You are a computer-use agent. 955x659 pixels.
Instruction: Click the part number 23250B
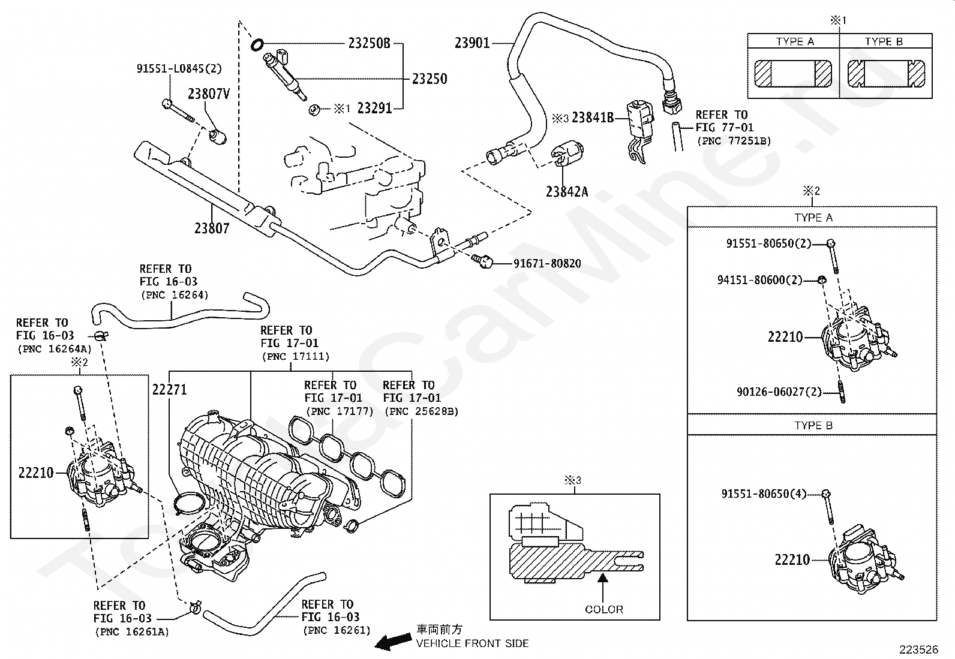(x=369, y=43)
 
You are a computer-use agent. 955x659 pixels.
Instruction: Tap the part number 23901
(x=472, y=43)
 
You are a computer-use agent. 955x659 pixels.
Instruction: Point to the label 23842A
(x=567, y=192)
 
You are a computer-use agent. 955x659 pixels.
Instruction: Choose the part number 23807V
(x=209, y=94)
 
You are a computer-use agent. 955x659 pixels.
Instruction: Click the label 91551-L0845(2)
(x=179, y=68)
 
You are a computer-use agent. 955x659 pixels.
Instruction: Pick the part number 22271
(x=170, y=389)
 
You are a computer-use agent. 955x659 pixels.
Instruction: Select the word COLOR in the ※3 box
(x=603, y=609)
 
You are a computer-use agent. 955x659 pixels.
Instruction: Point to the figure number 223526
(x=919, y=649)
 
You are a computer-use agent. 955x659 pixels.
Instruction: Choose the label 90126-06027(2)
(x=779, y=392)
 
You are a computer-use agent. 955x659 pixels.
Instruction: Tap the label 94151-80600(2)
(x=759, y=280)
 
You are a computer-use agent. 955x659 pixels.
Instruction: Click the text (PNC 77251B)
(x=734, y=141)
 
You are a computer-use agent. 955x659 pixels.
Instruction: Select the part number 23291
(x=374, y=109)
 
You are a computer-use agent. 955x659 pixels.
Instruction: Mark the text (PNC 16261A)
(x=132, y=632)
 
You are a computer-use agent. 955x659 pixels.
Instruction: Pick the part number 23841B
(x=593, y=117)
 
